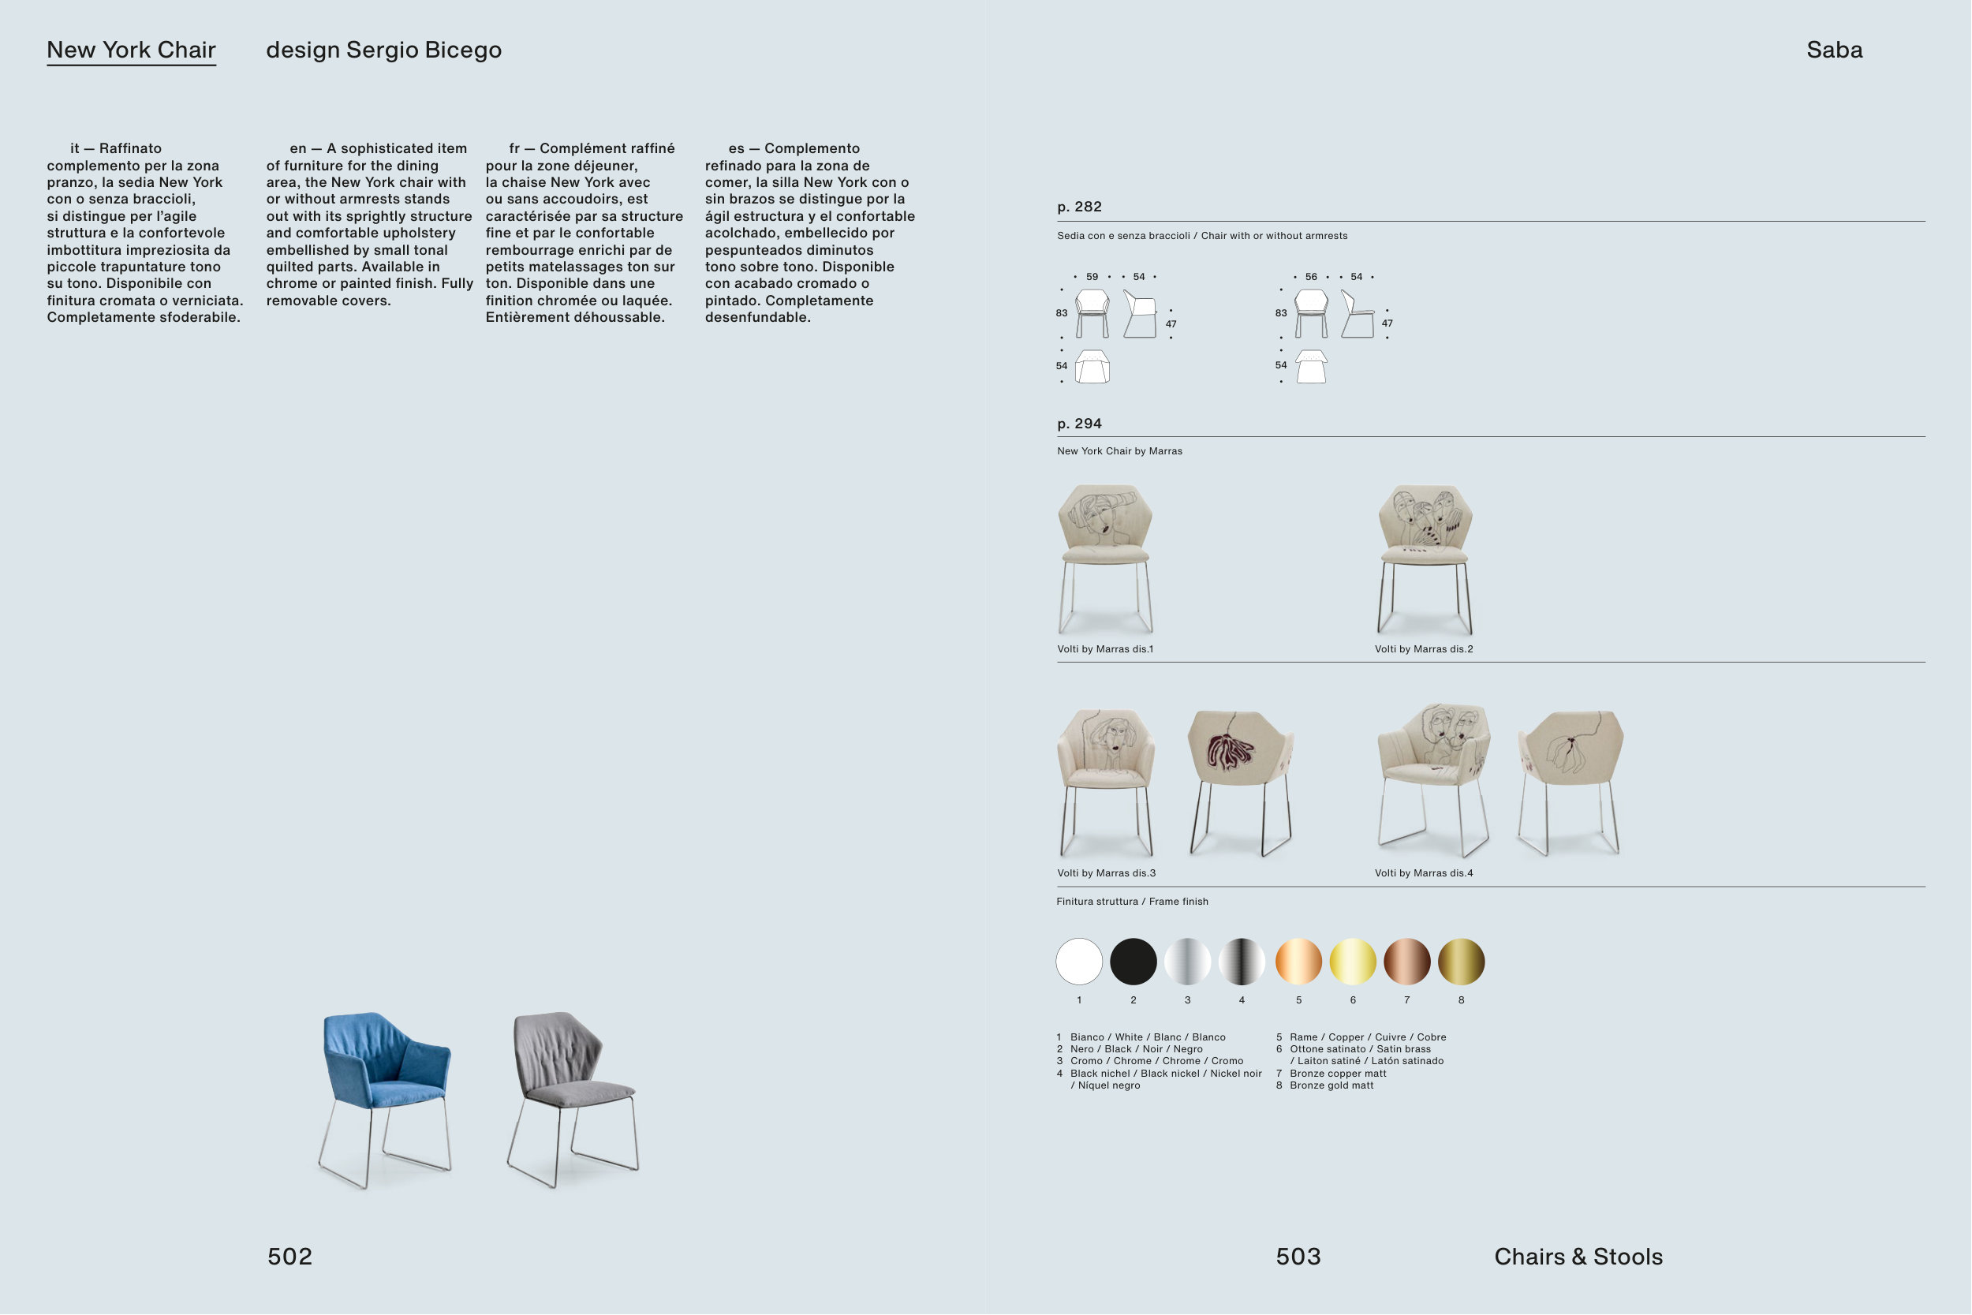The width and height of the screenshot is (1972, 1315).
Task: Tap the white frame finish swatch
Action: point(1079,961)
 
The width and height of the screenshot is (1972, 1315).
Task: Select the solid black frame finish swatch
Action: point(1134,961)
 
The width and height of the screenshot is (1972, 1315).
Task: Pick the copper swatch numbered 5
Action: point(1298,961)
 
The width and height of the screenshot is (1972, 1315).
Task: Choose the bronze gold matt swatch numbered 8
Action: point(1462,961)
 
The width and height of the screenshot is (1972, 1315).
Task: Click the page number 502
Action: point(290,1257)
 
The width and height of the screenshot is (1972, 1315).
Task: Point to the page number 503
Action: point(1298,1257)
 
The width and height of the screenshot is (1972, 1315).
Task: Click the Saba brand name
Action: point(1835,50)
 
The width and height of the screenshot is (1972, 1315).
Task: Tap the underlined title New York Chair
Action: point(132,50)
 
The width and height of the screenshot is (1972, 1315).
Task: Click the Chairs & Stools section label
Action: point(1578,1257)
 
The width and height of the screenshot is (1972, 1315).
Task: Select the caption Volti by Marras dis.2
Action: point(1424,649)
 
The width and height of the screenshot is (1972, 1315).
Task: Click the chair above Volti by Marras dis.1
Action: point(1106,559)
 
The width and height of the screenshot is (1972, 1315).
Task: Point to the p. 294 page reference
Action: point(1080,424)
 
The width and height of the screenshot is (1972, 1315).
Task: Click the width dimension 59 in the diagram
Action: point(1092,277)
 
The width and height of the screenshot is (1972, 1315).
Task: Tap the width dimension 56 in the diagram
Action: point(1311,277)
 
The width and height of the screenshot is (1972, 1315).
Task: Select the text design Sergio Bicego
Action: point(384,50)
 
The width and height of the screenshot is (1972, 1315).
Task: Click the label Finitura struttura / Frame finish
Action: point(1133,902)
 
